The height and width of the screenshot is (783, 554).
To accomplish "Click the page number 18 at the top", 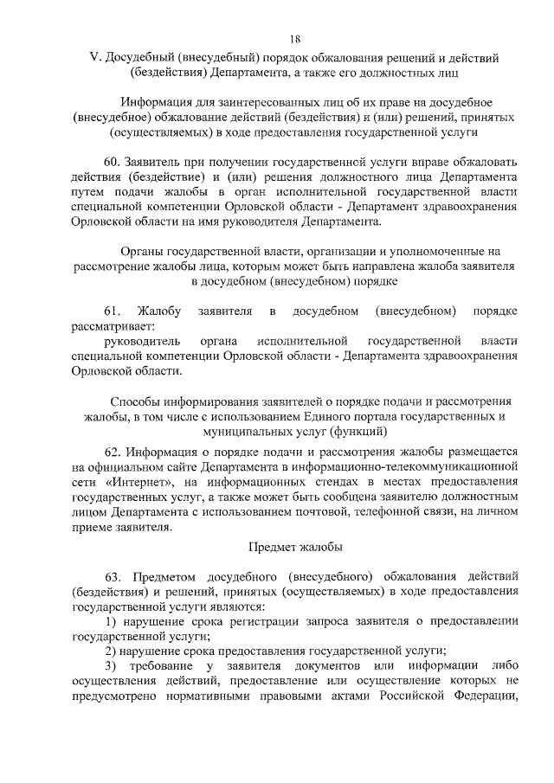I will pos(295,39).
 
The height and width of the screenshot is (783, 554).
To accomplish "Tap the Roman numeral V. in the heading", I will pos(95,58).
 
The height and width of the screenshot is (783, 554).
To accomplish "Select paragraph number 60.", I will pos(113,160).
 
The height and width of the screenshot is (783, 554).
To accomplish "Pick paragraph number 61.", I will pos(113,311).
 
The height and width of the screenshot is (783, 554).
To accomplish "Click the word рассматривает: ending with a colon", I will pos(113,326).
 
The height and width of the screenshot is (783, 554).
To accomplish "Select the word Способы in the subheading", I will pos(138,401).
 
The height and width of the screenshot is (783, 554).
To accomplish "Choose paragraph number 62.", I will pos(113,452).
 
